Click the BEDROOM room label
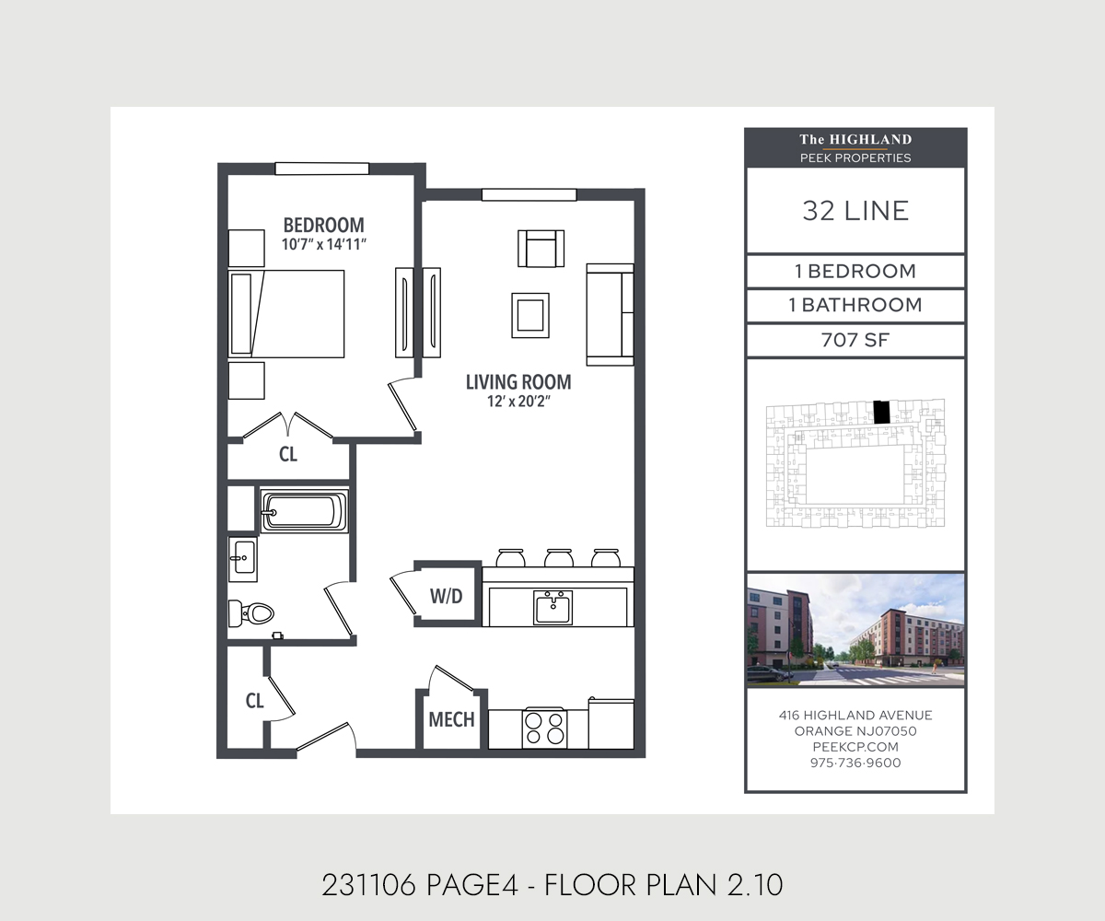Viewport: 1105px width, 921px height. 323,225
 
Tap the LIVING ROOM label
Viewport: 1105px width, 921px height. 518,381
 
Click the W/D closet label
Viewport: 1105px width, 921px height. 446,596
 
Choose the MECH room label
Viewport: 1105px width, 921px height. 451,719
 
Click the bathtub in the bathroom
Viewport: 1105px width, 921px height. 305,511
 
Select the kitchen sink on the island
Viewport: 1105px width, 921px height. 552,607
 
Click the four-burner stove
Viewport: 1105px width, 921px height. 544,728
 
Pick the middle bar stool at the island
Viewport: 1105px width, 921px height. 558,557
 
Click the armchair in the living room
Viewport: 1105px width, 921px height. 541,248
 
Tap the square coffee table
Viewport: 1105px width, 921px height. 530,314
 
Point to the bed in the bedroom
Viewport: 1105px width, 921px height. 286,313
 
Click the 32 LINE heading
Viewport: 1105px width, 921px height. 855,211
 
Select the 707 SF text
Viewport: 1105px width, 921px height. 855,340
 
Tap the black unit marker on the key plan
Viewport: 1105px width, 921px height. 881,412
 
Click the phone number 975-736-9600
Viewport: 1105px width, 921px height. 855,763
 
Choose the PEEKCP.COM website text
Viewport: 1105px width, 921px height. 855,747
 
